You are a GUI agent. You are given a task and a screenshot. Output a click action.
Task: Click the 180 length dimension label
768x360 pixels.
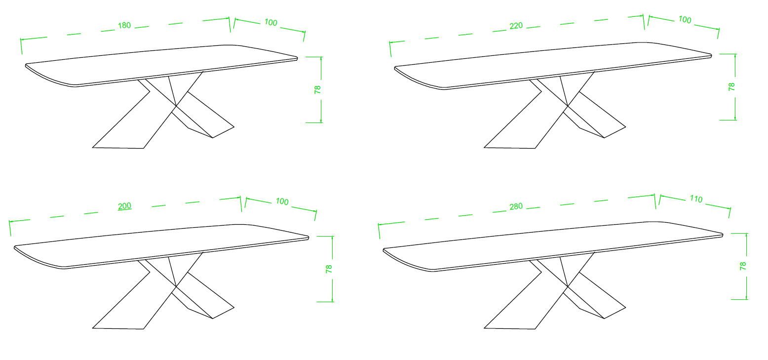(x=124, y=25)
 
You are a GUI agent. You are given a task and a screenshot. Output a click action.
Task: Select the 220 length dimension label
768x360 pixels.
(x=516, y=26)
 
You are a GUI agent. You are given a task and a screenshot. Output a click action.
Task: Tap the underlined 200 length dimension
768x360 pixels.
(x=124, y=206)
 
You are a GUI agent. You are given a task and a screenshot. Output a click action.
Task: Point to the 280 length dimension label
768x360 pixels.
(x=516, y=206)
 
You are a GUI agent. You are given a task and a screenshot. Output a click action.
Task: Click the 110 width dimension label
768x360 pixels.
(x=696, y=199)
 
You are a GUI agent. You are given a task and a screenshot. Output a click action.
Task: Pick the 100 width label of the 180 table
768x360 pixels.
(x=270, y=22)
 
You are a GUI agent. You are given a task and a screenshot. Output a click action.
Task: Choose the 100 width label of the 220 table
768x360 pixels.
(x=685, y=20)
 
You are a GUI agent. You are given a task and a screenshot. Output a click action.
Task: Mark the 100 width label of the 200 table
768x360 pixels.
(x=282, y=201)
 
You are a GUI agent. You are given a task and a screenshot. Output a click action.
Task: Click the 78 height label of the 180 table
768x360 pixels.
(x=317, y=89)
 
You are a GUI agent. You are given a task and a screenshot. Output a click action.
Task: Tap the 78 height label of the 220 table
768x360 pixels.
(x=731, y=87)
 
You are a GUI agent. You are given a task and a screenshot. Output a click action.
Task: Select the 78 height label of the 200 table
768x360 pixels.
(x=329, y=269)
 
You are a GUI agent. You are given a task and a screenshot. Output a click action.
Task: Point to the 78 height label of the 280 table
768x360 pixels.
(x=743, y=266)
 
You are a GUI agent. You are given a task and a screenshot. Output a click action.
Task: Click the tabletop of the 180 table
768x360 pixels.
(x=161, y=65)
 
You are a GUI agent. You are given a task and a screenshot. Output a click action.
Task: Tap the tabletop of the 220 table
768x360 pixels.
(x=553, y=65)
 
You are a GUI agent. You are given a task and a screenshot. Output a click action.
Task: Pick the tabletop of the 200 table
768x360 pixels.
(x=161, y=245)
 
